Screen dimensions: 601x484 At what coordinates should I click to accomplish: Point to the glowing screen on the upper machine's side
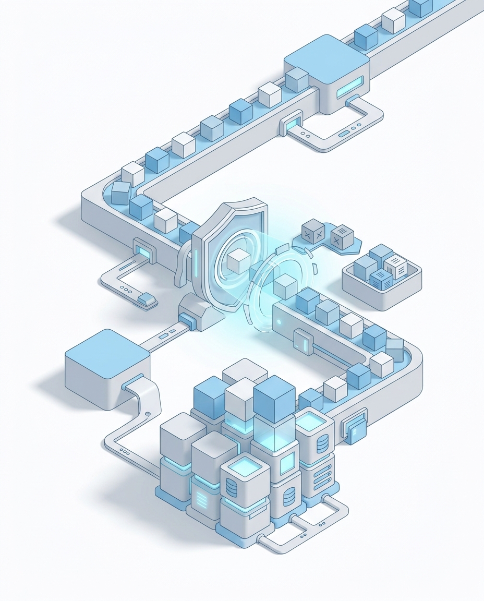pos(350,87)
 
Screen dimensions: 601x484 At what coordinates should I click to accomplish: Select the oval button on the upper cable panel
pos(345,134)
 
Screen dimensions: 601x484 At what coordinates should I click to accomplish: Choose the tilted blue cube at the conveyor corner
pos(120,193)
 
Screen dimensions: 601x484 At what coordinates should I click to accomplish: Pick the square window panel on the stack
pos(287,463)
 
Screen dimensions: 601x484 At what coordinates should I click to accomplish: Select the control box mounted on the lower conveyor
pos(302,342)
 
